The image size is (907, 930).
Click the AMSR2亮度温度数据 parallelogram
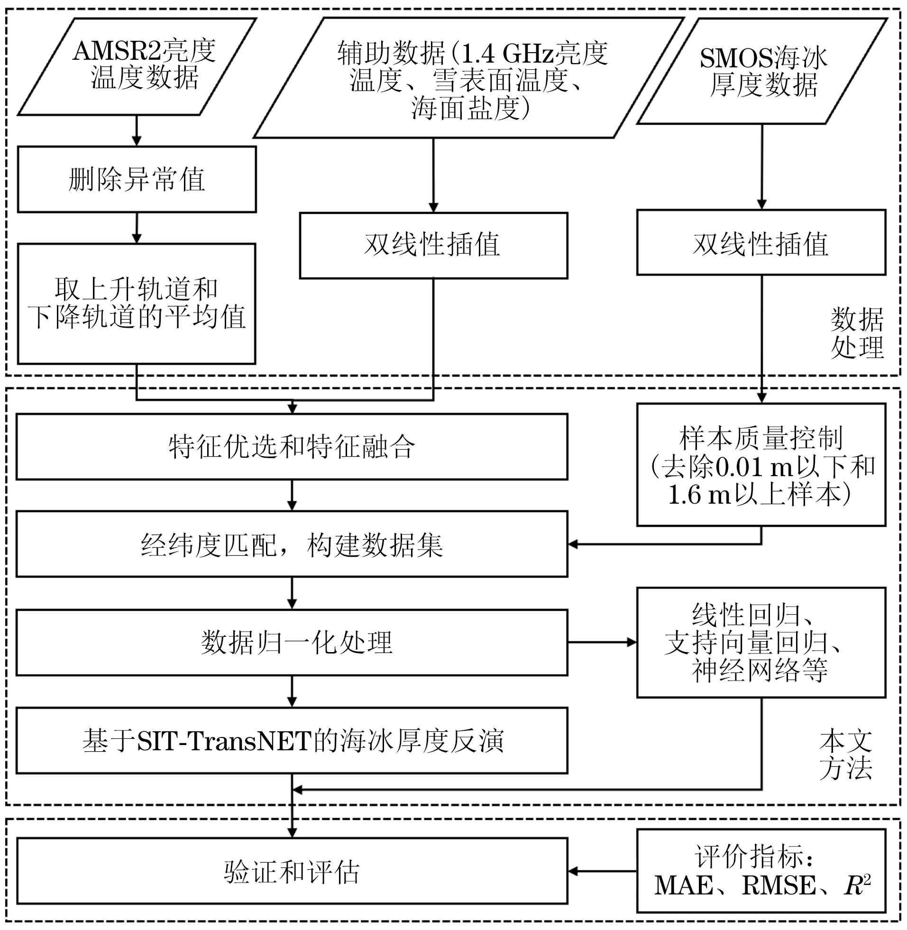[137, 66]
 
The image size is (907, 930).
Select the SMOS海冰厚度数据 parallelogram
[762, 71]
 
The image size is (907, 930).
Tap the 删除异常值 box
[137, 179]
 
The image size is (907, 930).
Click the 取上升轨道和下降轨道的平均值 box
[137, 304]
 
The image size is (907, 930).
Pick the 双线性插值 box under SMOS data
[761, 242]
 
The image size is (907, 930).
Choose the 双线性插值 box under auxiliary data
[433, 245]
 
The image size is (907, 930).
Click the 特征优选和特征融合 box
[292, 446]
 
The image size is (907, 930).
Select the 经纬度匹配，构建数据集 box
[292, 544]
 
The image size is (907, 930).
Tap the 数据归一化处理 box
[292, 642]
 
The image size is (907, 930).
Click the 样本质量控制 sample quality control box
[761, 465]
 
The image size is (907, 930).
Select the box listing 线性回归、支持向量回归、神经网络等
[761, 643]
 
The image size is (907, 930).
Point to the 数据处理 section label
[857, 332]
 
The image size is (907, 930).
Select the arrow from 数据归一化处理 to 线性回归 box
[602, 642]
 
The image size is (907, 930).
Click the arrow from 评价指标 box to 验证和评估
[602, 871]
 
